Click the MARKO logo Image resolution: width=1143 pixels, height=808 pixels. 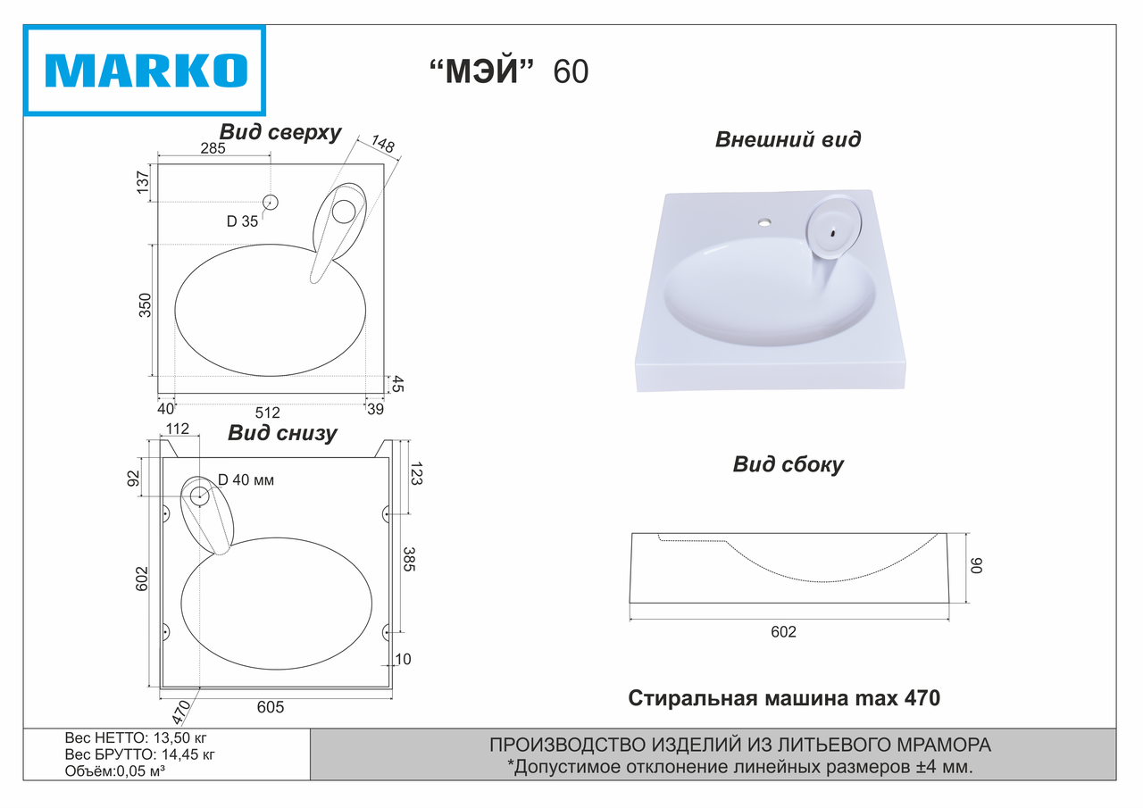pyautogui.click(x=146, y=71)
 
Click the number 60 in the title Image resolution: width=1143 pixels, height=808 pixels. pyautogui.click(x=571, y=72)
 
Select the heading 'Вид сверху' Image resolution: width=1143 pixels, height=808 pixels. pyautogui.click(x=280, y=132)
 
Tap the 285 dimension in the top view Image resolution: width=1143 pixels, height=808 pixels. pyautogui.click(x=213, y=148)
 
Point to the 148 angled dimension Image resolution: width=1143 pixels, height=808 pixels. pyautogui.click(x=383, y=144)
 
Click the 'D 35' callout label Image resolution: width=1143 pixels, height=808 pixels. pyautogui.click(x=242, y=221)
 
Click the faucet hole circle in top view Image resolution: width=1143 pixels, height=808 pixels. pyautogui.click(x=271, y=203)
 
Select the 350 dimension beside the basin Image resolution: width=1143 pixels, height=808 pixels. pyautogui.click(x=146, y=305)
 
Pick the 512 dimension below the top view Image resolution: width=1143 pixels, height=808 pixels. pyautogui.click(x=267, y=412)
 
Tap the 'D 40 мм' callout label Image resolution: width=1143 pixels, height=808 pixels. pyautogui.click(x=246, y=480)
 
